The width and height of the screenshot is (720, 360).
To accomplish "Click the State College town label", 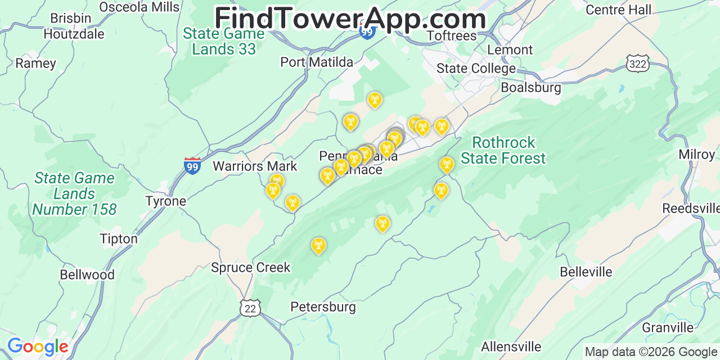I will pyautogui.click(x=476, y=69).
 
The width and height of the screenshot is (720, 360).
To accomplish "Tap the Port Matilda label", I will pyautogui.click(x=317, y=62).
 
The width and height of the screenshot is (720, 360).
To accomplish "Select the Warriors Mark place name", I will pyautogui.click(x=255, y=166).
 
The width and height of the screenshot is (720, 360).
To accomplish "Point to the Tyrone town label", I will pyautogui.click(x=165, y=201).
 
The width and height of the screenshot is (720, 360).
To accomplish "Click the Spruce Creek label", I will pyautogui.click(x=250, y=267).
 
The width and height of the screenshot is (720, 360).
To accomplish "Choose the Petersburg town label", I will pyautogui.click(x=323, y=307).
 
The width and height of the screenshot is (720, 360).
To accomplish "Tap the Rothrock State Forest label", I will pyautogui.click(x=503, y=150).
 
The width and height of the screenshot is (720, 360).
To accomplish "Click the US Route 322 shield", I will pyautogui.click(x=638, y=64).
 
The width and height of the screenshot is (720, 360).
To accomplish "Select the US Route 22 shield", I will pyautogui.click(x=250, y=307).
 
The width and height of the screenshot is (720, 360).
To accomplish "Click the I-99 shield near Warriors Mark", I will pyautogui.click(x=192, y=165).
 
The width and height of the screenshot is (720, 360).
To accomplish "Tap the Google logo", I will pyautogui.click(x=38, y=346).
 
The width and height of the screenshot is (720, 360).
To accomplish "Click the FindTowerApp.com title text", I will pyautogui.click(x=350, y=19).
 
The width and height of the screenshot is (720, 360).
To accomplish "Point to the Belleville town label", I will pyautogui.click(x=586, y=272).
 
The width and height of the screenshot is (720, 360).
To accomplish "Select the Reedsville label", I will pyautogui.click(x=690, y=208).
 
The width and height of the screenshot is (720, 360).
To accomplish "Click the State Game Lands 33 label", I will pyautogui.click(x=223, y=41).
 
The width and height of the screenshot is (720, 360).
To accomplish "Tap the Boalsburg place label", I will pyautogui.click(x=530, y=88).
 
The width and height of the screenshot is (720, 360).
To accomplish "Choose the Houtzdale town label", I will pyautogui.click(x=74, y=34).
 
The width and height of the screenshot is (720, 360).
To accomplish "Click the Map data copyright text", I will pyautogui.click(x=651, y=352).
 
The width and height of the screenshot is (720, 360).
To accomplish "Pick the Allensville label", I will pyautogui.click(x=511, y=346).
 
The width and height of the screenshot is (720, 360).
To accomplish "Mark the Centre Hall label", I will pyautogui.click(x=618, y=10).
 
